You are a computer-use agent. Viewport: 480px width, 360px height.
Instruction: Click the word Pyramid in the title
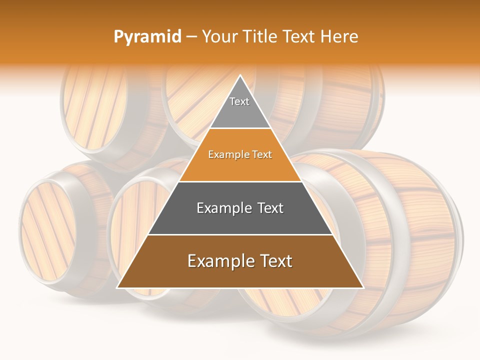tap(147, 37)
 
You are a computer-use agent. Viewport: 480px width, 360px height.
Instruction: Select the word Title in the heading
tap(260, 36)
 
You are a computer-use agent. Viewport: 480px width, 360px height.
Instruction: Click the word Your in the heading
tap(219, 36)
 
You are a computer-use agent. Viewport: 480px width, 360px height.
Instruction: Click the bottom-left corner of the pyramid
tap(118, 287)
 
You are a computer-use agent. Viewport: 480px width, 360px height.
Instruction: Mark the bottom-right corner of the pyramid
tap(362, 287)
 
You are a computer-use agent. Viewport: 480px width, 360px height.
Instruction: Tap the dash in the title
tap(191, 37)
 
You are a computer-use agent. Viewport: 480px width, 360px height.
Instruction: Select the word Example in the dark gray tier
tap(223, 208)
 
